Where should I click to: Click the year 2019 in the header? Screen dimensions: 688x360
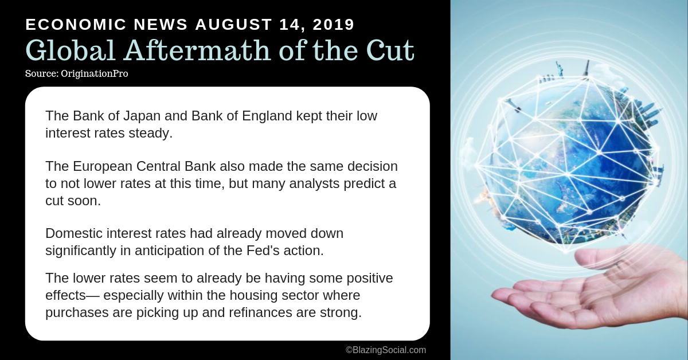(x=334, y=25)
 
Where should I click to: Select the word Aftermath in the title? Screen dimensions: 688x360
(x=197, y=50)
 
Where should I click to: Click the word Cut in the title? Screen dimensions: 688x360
(x=390, y=50)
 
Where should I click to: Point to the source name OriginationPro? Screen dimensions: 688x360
(x=94, y=74)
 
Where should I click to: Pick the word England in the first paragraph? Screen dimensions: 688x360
(x=267, y=116)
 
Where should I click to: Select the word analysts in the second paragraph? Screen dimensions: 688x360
(x=314, y=183)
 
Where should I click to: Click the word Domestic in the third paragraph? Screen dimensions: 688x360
(x=74, y=233)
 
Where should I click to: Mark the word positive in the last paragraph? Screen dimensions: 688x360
(x=370, y=278)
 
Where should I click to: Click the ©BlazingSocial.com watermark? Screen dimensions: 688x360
(x=386, y=350)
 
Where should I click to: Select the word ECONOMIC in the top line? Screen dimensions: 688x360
(x=76, y=25)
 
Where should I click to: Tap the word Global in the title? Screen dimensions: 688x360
(x=71, y=50)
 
